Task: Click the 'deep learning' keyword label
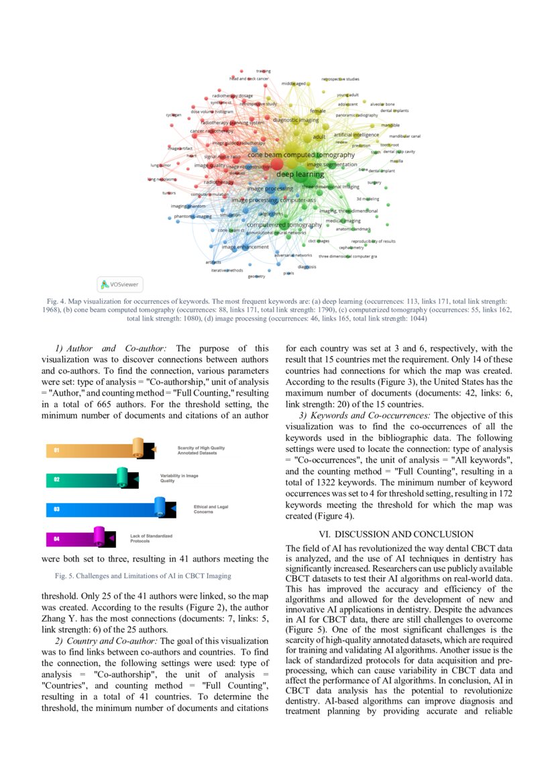pyautogui.click(x=300, y=174)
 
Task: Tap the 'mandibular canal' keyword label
pyautogui.click(x=404, y=136)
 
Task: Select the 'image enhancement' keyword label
pyautogui.click(x=245, y=247)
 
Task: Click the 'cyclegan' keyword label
pyautogui.click(x=174, y=115)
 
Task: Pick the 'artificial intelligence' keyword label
pyautogui.click(x=356, y=135)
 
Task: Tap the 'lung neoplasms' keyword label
pyautogui.click(x=162, y=179)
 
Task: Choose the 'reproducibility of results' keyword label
pyautogui.click(x=374, y=241)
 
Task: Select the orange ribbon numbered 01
pyautogui.click(x=97, y=450)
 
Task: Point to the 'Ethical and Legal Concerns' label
pyautogui.click(x=210, y=509)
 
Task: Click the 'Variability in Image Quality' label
pyautogui.click(x=178, y=478)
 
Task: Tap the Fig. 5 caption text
pyautogui.click(x=142, y=575)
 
